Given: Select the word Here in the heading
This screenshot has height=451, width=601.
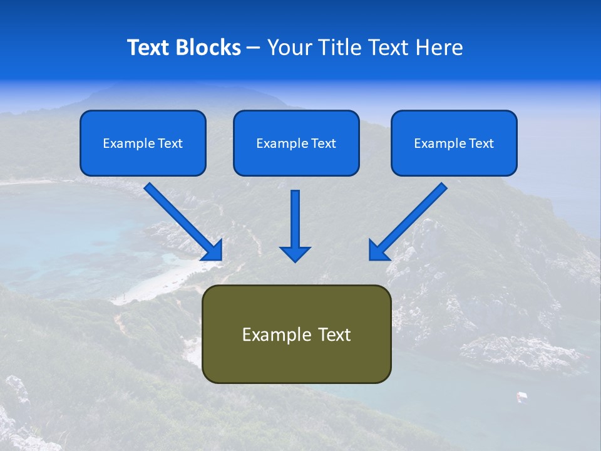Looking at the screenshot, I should pos(438,48).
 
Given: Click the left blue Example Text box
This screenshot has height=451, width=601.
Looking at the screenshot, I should pos(143,143).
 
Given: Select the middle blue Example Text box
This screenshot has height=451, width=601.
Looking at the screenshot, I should pos(296,143).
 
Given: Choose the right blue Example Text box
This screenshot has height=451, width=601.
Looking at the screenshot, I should pos(454,143).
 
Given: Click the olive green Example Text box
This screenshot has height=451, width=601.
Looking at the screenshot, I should pos(296,334).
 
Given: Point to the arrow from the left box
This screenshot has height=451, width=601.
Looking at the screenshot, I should pos(182,220).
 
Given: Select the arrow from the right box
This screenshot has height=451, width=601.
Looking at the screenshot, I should pos(410,220).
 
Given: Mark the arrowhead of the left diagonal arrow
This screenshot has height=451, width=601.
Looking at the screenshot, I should pos(213,251).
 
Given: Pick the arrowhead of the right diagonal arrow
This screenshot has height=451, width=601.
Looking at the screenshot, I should pos(378,251).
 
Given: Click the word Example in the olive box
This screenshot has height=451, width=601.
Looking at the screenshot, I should pos(273,335).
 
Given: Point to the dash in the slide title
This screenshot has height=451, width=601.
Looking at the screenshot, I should pos(254,48).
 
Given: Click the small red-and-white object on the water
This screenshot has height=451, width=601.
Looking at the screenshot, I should pos(521,396).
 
